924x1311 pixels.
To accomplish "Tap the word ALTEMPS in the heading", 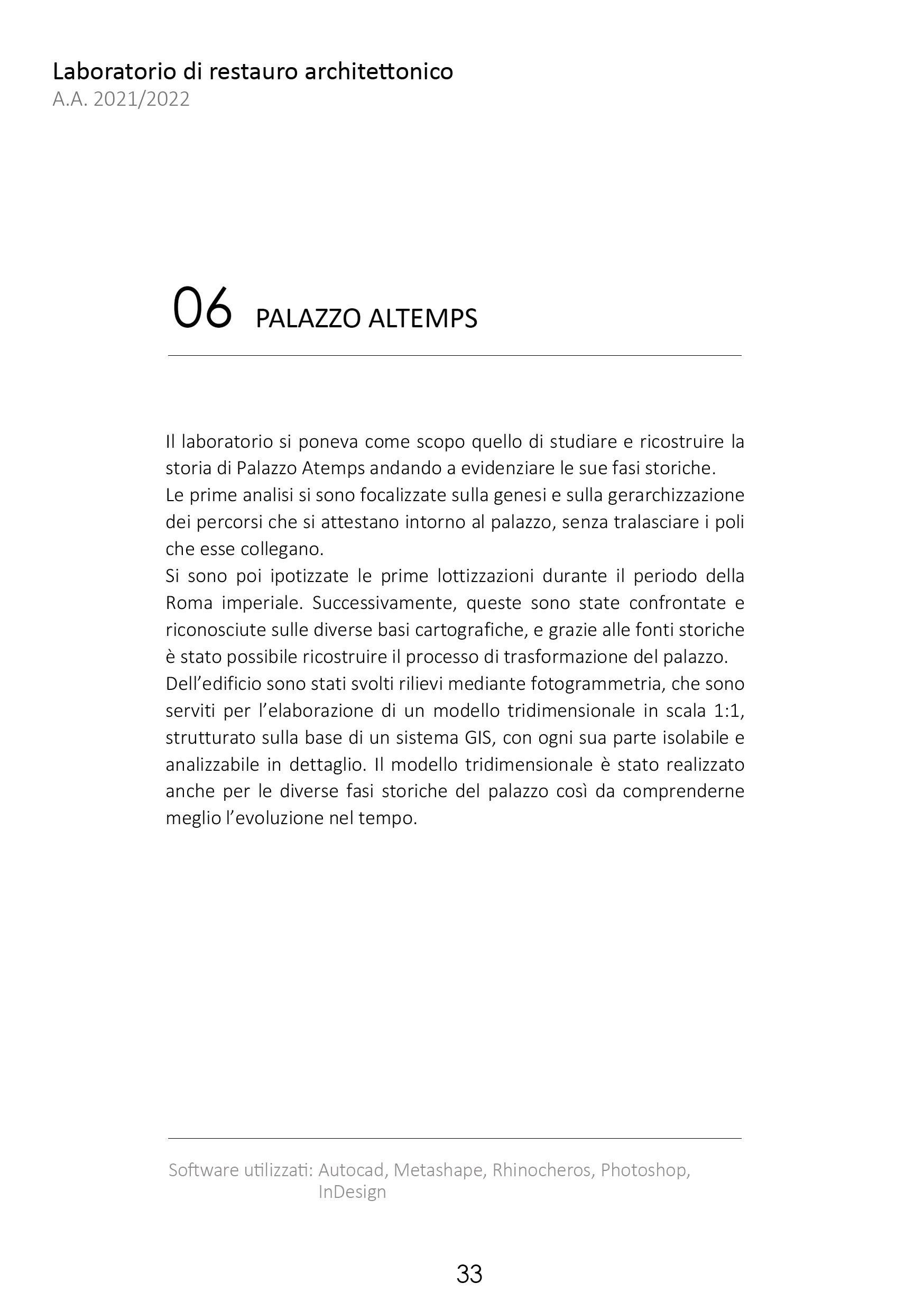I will click(422, 319).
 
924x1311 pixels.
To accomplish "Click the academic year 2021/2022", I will click(141, 99).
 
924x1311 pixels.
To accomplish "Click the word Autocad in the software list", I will click(350, 1170).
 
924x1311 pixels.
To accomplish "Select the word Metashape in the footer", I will click(438, 1170).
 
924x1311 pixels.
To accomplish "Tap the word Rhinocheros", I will click(541, 1170).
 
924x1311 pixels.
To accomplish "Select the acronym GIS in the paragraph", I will click(475, 738).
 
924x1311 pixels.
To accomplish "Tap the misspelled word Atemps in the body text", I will click(333, 468).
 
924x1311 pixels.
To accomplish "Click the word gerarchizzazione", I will click(676, 495).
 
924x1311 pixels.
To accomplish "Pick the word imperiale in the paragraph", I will click(262, 603).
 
